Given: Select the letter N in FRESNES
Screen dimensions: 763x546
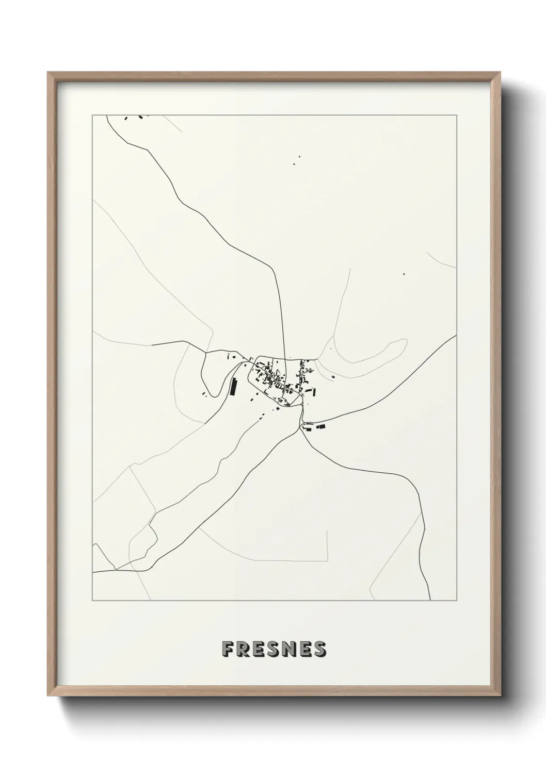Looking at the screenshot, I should (x=290, y=650).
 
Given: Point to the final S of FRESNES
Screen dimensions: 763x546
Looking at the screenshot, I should (x=319, y=650).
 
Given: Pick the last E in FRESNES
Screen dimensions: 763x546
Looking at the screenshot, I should (x=304, y=650).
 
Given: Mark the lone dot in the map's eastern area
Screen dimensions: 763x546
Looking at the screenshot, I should (x=404, y=274).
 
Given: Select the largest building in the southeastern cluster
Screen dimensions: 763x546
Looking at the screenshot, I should (x=321, y=426).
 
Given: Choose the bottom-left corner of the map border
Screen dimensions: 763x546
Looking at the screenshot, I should (x=92, y=601).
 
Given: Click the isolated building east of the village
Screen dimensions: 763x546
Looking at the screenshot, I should (x=333, y=378).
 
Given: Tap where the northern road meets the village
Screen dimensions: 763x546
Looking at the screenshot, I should (x=283, y=358).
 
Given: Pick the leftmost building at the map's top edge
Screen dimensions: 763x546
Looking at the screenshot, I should (x=125, y=119).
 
